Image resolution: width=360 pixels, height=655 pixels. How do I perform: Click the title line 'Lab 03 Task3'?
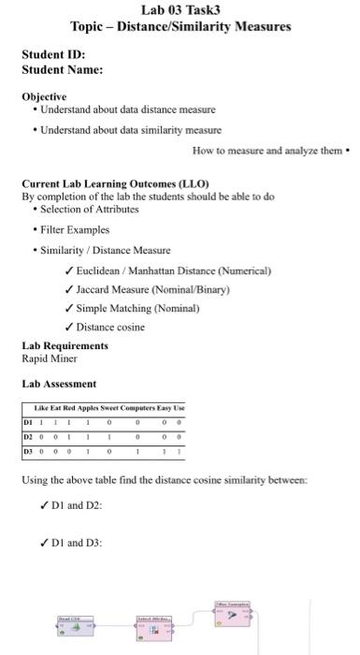tap(180, 10)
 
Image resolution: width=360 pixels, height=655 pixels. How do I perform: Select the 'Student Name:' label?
tap(62, 69)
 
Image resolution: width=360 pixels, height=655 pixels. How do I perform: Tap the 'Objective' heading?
tap(44, 96)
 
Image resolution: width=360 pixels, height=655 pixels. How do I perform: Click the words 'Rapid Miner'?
tap(49, 358)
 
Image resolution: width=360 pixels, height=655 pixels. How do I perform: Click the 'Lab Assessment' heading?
tap(59, 384)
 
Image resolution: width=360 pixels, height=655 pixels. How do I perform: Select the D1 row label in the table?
tap(28, 422)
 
